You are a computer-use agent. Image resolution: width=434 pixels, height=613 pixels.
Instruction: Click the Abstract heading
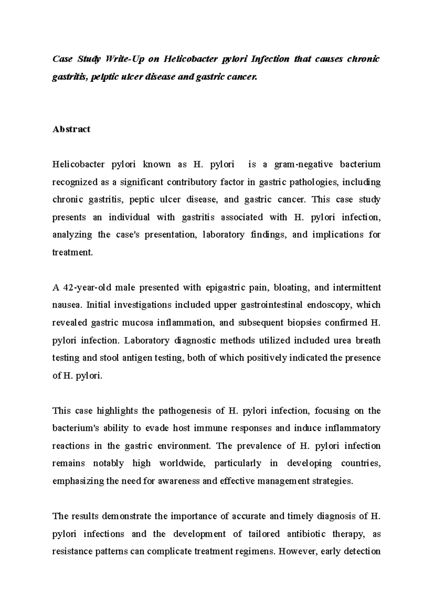click(71, 129)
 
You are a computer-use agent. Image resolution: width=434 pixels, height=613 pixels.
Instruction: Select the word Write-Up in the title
click(124, 59)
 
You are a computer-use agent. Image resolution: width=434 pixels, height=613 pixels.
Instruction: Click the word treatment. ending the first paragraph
click(73, 253)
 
